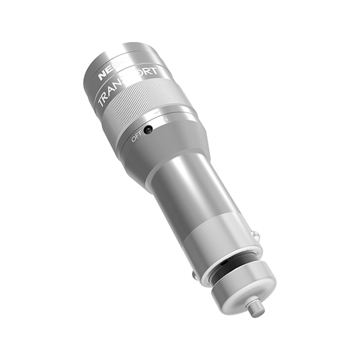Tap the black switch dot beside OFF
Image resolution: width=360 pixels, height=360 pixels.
click(x=148, y=129)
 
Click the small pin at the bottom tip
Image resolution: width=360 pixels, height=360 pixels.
click(x=256, y=308)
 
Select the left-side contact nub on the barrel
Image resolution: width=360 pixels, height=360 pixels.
click(x=195, y=275)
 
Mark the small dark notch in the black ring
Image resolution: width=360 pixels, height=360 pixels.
click(x=223, y=263)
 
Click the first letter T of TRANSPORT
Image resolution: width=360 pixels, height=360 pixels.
click(x=102, y=103)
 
